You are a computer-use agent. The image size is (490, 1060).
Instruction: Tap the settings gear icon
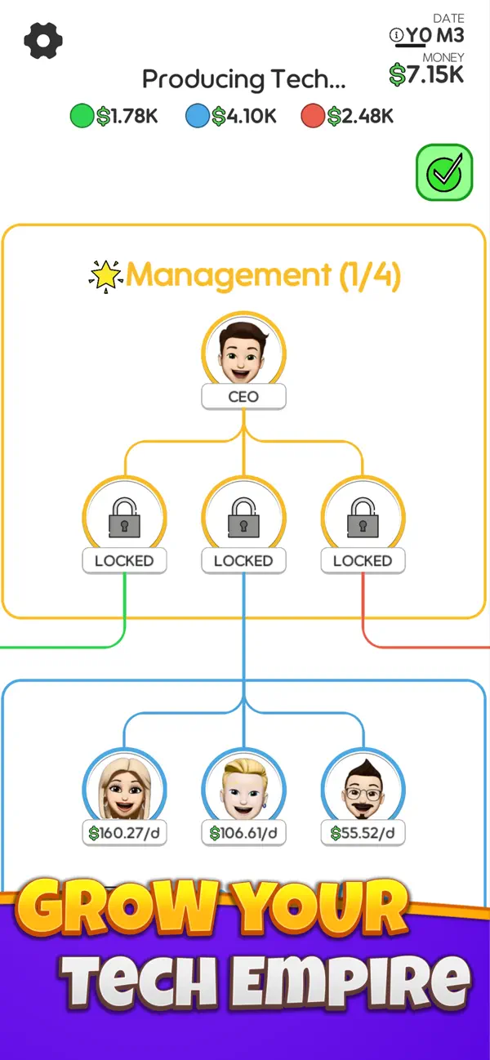tap(43, 41)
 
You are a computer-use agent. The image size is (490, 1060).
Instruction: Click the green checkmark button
tap(444, 172)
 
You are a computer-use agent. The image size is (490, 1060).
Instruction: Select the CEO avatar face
tap(243, 353)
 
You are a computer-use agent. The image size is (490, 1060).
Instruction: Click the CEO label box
tap(243, 397)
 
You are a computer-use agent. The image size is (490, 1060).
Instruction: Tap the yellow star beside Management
tap(105, 275)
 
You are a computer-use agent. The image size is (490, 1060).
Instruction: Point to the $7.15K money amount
tap(426, 75)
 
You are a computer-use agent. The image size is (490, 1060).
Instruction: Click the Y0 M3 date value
tap(435, 35)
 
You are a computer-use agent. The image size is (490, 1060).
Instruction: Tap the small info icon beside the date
tap(396, 35)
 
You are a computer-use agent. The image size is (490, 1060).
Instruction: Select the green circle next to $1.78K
tap(82, 116)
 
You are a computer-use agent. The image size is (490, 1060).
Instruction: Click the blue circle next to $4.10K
tap(198, 116)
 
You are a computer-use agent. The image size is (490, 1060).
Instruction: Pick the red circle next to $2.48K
tap(313, 116)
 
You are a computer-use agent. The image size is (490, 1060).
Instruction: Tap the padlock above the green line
tap(124, 517)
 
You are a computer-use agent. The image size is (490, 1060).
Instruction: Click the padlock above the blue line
tap(243, 517)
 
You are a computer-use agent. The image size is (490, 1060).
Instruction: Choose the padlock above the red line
tap(363, 517)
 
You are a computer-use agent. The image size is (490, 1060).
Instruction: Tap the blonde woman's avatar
tap(124, 788)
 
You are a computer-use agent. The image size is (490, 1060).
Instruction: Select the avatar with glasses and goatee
tap(363, 790)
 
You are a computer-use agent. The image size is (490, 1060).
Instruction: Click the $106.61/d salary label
tap(243, 833)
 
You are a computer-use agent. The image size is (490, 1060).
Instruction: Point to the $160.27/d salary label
tap(124, 833)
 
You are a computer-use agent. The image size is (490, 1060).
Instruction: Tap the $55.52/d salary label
tap(363, 833)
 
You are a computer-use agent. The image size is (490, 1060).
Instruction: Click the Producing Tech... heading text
tap(244, 79)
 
